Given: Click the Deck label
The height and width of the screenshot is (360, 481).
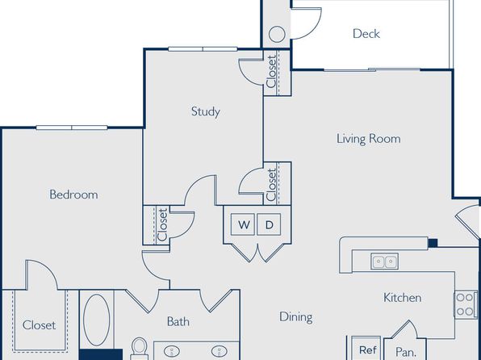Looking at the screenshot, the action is [x=366, y=33].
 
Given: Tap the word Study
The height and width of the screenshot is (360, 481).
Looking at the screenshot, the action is [x=206, y=111].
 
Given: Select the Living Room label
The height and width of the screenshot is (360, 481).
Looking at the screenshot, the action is [x=369, y=139].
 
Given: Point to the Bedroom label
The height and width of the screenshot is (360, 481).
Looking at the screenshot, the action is [x=73, y=195].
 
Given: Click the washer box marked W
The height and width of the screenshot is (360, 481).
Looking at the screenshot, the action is [x=243, y=224].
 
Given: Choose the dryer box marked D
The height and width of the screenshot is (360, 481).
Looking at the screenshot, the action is [x=269, y=224].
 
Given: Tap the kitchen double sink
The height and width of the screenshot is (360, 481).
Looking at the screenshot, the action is [x=384, y=262].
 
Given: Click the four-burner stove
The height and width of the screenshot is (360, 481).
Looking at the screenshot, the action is [x=466, y=304].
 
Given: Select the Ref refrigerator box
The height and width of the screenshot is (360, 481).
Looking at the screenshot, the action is [x=367, y=349].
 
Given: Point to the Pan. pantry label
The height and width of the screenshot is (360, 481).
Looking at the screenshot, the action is [x=405, y=351].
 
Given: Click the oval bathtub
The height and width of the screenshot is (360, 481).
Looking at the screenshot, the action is [x=96, y=320].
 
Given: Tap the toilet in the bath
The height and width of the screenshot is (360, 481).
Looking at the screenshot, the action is [x=140, y=349].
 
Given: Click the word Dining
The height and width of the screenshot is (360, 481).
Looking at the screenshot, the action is [x=296, y=317].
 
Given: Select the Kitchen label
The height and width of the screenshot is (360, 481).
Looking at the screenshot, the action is [x=402, y=298].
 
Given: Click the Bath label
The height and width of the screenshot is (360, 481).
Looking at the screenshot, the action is [x=178, y=321].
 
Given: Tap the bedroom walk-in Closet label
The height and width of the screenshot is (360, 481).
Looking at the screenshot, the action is [x=40, y=325].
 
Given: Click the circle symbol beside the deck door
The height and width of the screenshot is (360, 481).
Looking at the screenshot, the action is [x=277, y=34].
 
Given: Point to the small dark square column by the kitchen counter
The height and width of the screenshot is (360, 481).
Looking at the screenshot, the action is [x=433, y=243].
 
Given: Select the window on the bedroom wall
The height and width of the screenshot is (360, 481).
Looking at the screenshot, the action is [x=72, y=128].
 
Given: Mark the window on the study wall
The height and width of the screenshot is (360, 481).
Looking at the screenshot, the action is [x=203, y=48].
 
